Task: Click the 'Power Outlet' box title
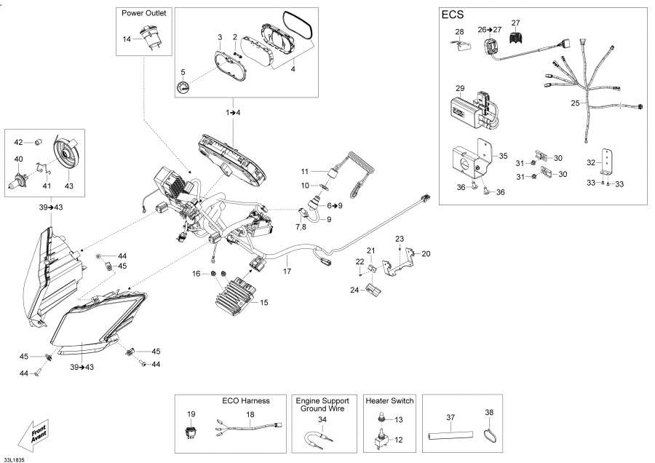[143, 13]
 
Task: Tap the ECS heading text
[453, 15]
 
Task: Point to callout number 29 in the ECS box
[460, 88]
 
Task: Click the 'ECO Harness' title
[245, 400]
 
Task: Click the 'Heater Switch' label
[389, 400]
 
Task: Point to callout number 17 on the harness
[287, 272]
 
